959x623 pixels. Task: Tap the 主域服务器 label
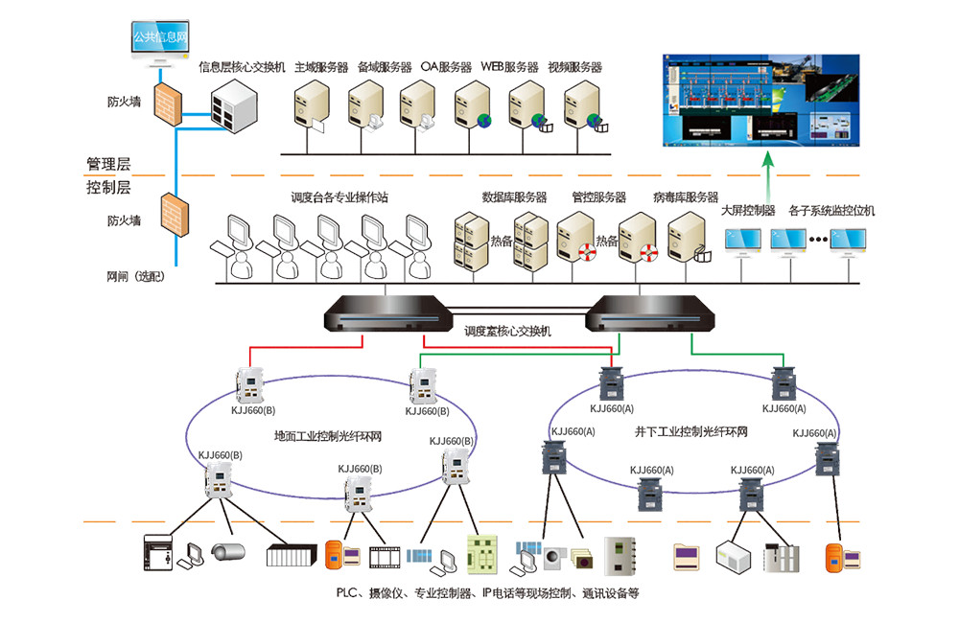click(x=321, y=67)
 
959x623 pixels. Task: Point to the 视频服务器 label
click(x=574, y=67)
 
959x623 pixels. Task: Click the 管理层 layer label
click(x=107, y=163)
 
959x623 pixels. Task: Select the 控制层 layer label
click(x=107, y=188)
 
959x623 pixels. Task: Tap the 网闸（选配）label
click(x=138, y=277)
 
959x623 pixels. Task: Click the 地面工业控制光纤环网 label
click(x=328, y=436)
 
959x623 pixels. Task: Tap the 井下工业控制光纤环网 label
click(x=690, y=432)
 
